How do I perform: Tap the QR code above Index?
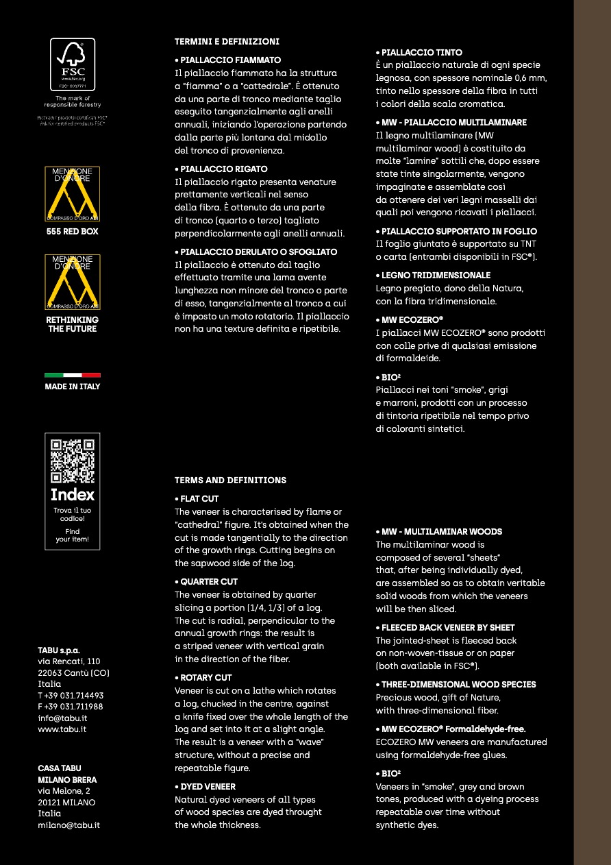click(x=73, y=461)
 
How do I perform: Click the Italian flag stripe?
click(x=73, y=375)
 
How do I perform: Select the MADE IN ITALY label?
click(x=73, y=387)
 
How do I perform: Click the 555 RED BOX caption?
click(x=73, y=232)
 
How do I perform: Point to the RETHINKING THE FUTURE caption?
click(x=73, y=324)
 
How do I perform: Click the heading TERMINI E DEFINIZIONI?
click(x=227, y=42)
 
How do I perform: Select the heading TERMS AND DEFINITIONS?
click(x=230, y=480)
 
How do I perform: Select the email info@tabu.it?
click(x=62, y=718)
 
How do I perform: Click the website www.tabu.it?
click(x=62, y=729)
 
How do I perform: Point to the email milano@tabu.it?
click(x=68, y=825)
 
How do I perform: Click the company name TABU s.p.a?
click(x=59, y=650)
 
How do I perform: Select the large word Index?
click(x=73, y=495)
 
